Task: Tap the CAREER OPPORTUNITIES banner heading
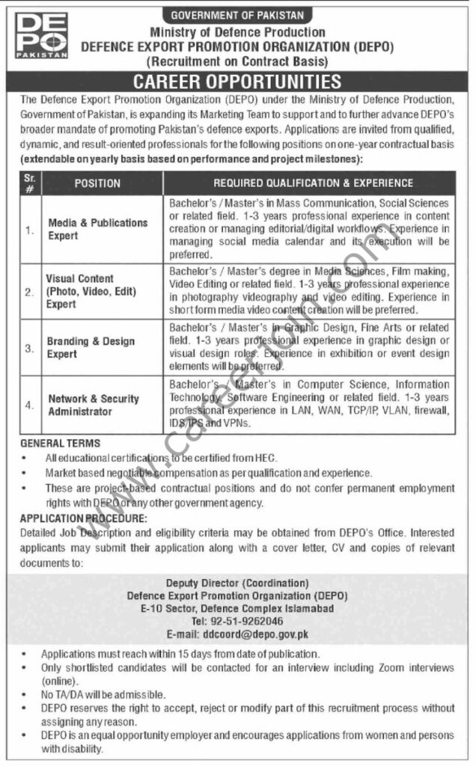[x=237, y=82]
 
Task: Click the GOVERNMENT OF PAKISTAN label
[x=237, y=15]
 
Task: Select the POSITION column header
[x=97, y=183]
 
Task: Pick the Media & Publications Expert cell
[x=98, y=229]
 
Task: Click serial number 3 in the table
[x=29, y=348]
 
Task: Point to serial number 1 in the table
[x=29, y=230]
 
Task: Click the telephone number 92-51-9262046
[x=237, y=622]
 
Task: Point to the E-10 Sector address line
[x=237, y=609]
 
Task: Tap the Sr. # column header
[x=29, y=183]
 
